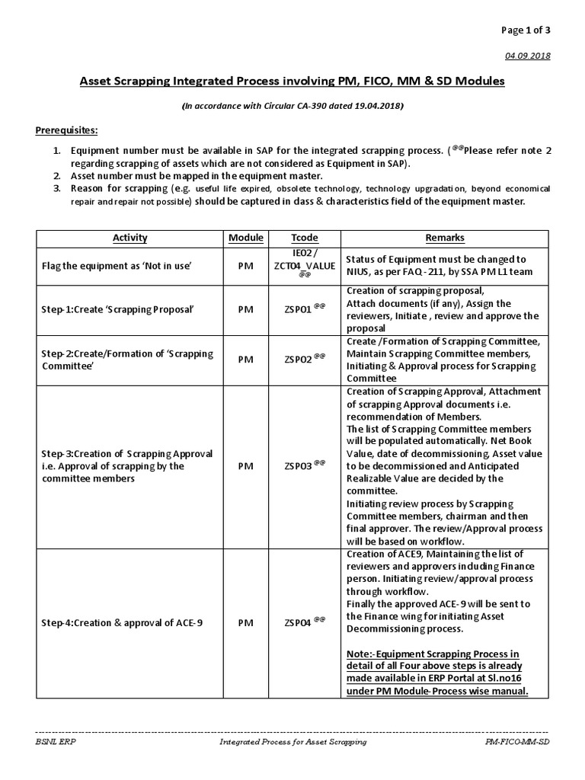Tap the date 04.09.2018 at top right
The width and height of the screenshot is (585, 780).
tap(532, 56)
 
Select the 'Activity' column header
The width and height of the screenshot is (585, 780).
tap(129, 238)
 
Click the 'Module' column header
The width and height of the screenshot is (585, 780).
tap(245, 238)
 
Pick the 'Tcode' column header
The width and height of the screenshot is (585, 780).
tap(302, 238)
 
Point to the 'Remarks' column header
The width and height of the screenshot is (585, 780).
tap(445, 238)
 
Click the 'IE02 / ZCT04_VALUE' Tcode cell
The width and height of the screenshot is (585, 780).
tap(302, 264)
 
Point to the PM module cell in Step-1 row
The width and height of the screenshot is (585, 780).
tap(245, 310)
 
